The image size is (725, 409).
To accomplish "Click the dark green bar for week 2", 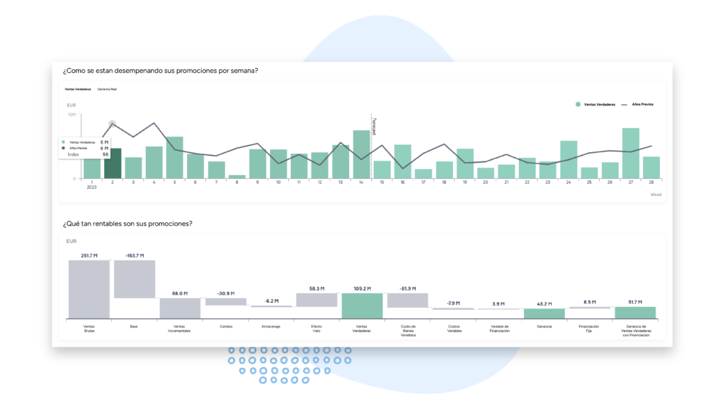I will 113,163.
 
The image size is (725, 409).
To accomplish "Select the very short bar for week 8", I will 237,176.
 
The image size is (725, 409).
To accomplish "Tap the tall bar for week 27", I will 631,153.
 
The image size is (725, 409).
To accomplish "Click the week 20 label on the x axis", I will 486,182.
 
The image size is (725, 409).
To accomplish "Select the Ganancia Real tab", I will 108,90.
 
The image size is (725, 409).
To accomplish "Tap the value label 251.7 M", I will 89,255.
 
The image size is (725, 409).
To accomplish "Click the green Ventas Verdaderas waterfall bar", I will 362,306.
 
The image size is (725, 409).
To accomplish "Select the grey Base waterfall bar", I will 134,279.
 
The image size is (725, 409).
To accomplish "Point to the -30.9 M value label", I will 226,293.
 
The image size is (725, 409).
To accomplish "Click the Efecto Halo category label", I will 316,328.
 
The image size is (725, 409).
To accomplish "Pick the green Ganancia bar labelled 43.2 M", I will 544,313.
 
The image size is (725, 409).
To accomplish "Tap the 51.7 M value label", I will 635,301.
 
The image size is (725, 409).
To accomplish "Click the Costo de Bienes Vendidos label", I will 407,330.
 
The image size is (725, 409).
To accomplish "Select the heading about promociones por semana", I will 159,70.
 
